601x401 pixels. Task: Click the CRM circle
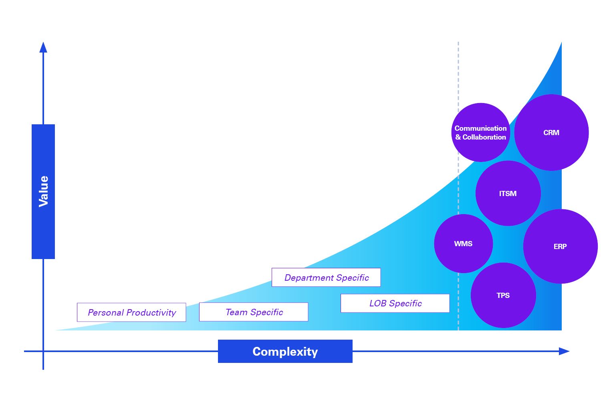pyautogui.click(x=551, y=132)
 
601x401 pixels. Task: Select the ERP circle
pyautogui.click(x=560, y=246)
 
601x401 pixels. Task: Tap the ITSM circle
pyautogui.click(x=508, y=193)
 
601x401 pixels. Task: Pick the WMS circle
pyautogui.click(x=463, y=243)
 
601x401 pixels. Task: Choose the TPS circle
pyautogui.click(x=503, y=295)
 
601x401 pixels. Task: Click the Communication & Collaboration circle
pyautogui.click(x=480, y=132)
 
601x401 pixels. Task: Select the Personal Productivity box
pyautogui.click(x=131, y=312)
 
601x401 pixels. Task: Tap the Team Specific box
pyautogui.click(x=254, y=312)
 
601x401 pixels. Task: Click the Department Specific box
pyautogui.click(x=326, y=277)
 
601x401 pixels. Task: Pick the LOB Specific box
pyautogui.click(x=395, y=303)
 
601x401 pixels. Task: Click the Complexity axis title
pyautogui.click(x=285, y=351)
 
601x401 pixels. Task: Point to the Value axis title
pyautogui.click(x=43, y=191)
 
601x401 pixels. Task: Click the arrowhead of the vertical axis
pyautogui.click(x=43, y=47)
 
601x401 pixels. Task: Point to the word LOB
pyautogui.click(x=378, y=303)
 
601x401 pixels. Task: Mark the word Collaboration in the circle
pyautogui.click(x=484, y=137)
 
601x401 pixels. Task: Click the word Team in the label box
pyautogui.click(x=236, y=312)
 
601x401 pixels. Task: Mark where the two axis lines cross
pyautogui.click(x=43, y=351)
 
